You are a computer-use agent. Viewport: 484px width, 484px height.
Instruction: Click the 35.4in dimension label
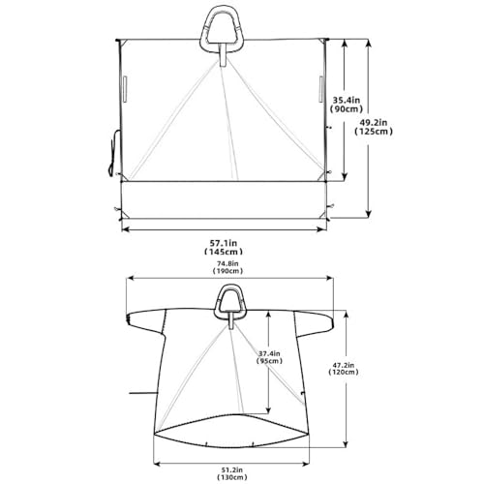tap(347, 99)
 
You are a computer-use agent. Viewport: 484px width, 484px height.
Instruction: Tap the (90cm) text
tap(347, 109)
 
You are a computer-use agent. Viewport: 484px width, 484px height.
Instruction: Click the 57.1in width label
tap(225, 241)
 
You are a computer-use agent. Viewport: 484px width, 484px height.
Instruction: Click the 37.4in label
tap(272, 355)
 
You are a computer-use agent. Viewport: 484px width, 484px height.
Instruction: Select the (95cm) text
tap(272, 365)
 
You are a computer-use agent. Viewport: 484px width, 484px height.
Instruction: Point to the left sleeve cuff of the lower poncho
tap(131, 319)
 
